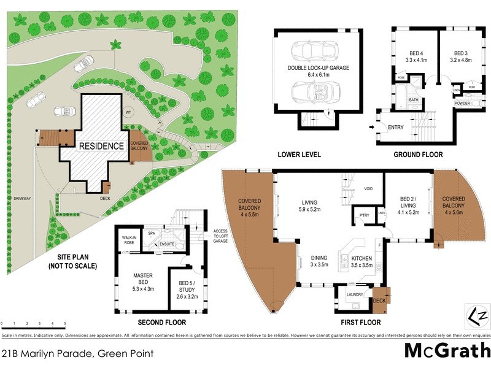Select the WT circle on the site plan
(x=128, y=113)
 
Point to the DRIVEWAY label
(x=21, y=199)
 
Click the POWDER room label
(x=462, y=104)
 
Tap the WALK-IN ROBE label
(x=129, y=240)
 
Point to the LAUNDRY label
(x=355, y=295)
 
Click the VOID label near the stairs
(x=369, y=189)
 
